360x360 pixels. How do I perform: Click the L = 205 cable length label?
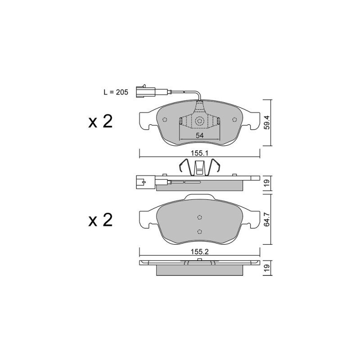[116, 92]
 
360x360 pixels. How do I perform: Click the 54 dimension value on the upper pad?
[199, 135]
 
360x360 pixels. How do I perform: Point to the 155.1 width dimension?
[199, 153]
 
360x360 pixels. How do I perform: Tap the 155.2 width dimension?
[199, 252]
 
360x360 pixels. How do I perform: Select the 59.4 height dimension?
[267, 122]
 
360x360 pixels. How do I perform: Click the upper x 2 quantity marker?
[100, 121]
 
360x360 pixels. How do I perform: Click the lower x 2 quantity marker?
[100, 220]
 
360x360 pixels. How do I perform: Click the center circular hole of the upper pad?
[199, 121]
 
